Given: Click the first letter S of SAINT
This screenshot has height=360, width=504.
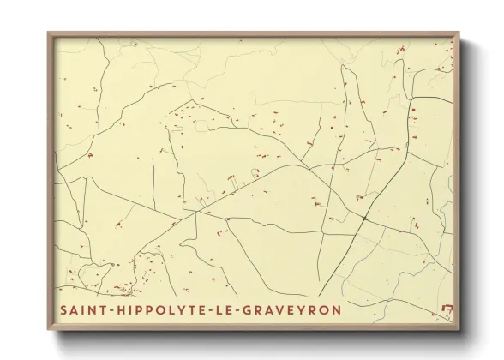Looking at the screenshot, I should pyautogui.click(x=63, y=309).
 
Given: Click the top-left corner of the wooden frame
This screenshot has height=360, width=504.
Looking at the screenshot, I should pyautogui.click(x=49, y=33).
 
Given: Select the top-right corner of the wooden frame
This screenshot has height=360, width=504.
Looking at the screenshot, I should pyautogui.click(x=460, y=33).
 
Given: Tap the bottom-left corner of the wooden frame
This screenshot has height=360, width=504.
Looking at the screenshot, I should pyautogui.click(x=49, y=329).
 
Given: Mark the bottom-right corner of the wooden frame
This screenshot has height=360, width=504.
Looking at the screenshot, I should pyautogui.click(x=460, y=329).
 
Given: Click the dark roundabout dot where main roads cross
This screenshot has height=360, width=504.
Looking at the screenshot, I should pyautogui.click(x=365, y=219).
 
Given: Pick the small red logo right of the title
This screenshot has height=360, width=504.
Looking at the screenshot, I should pyautogui.click(x=445, y=308).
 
